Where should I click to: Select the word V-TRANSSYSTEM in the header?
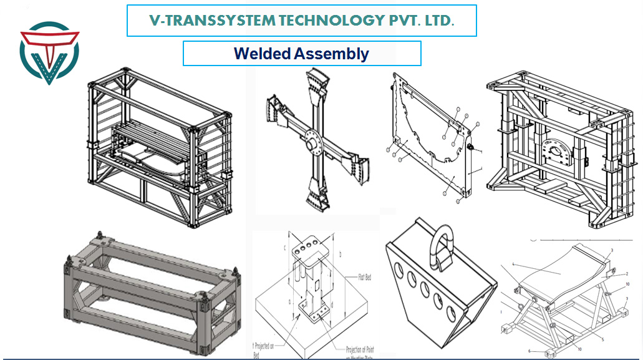(212, 21)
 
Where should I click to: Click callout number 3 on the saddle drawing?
(612, 251)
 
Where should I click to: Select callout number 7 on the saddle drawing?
(626, 299)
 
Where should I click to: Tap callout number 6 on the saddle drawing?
(529, 351)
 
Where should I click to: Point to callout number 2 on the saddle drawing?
(626, 273)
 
